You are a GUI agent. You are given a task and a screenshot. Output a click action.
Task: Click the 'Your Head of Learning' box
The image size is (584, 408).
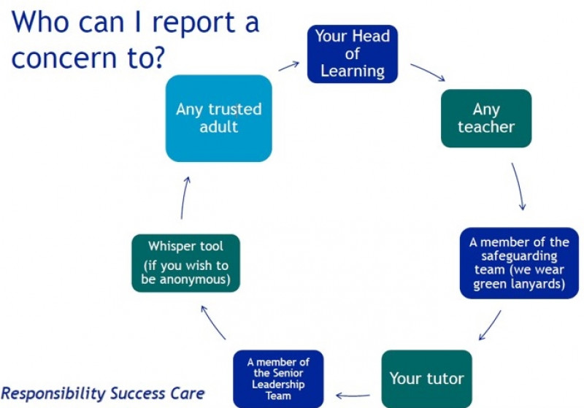point(353,53)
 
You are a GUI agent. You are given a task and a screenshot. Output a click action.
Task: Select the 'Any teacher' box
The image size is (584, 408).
point(486,118)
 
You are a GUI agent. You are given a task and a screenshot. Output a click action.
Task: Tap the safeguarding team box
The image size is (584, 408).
point(519,263)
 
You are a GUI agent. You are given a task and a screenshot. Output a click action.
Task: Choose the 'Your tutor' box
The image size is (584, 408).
point(426,378)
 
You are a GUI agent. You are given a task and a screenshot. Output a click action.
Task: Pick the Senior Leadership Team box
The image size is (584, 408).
point(277,379)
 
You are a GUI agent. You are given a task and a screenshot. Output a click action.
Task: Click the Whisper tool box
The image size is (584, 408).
point(185,263)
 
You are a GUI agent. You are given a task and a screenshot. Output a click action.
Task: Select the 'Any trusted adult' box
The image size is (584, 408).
point(218,118)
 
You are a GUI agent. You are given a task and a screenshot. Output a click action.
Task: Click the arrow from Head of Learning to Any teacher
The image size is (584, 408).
point(426,72)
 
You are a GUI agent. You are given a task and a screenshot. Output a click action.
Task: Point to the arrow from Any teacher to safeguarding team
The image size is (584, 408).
point(518,187)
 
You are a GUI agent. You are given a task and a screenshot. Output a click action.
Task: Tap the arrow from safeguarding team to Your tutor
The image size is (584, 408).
point(490,326)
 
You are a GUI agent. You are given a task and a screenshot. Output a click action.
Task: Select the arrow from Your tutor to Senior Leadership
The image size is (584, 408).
point(353,396)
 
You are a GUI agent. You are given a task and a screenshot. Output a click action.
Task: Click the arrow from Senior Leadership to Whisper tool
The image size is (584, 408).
point(213,322)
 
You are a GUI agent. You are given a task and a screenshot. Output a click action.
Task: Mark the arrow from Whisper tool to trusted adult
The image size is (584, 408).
point(184,197)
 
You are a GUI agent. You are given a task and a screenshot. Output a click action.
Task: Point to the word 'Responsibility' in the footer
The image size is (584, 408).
point(53,393)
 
